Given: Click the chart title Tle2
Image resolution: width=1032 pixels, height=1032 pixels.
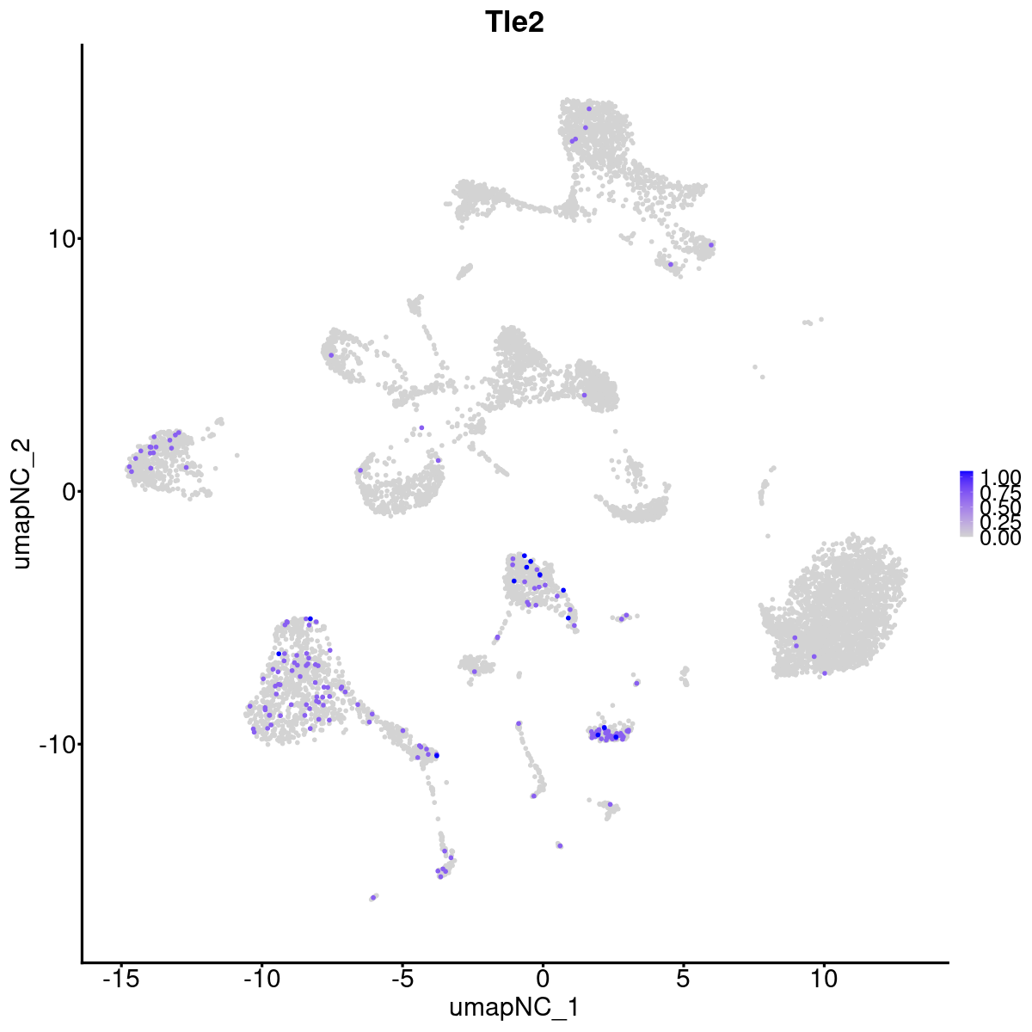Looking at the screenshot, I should tap(514, 22).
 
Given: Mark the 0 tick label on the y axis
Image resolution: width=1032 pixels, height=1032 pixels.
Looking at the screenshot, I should tap(69, 491).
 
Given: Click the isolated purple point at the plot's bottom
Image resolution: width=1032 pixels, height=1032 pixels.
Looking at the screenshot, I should tap(374, 897).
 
